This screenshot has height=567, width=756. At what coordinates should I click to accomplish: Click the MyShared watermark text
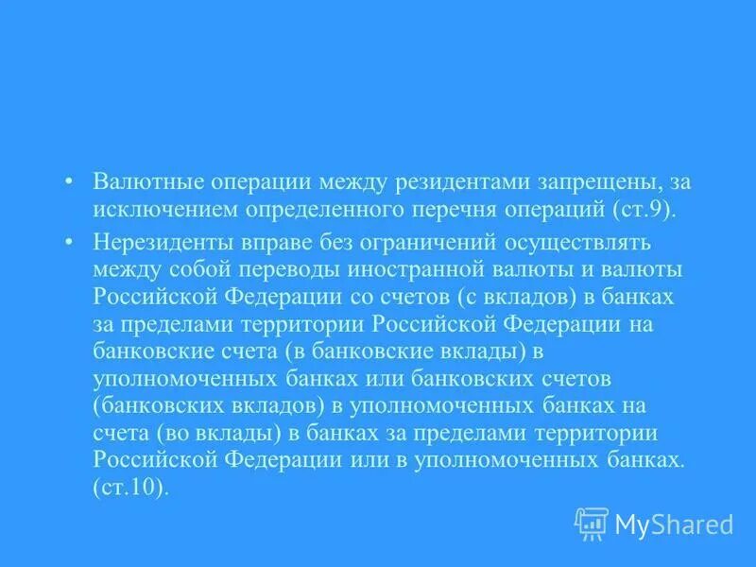click(675, 524)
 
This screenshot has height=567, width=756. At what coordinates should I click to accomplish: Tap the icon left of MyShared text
click(592, 523)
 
